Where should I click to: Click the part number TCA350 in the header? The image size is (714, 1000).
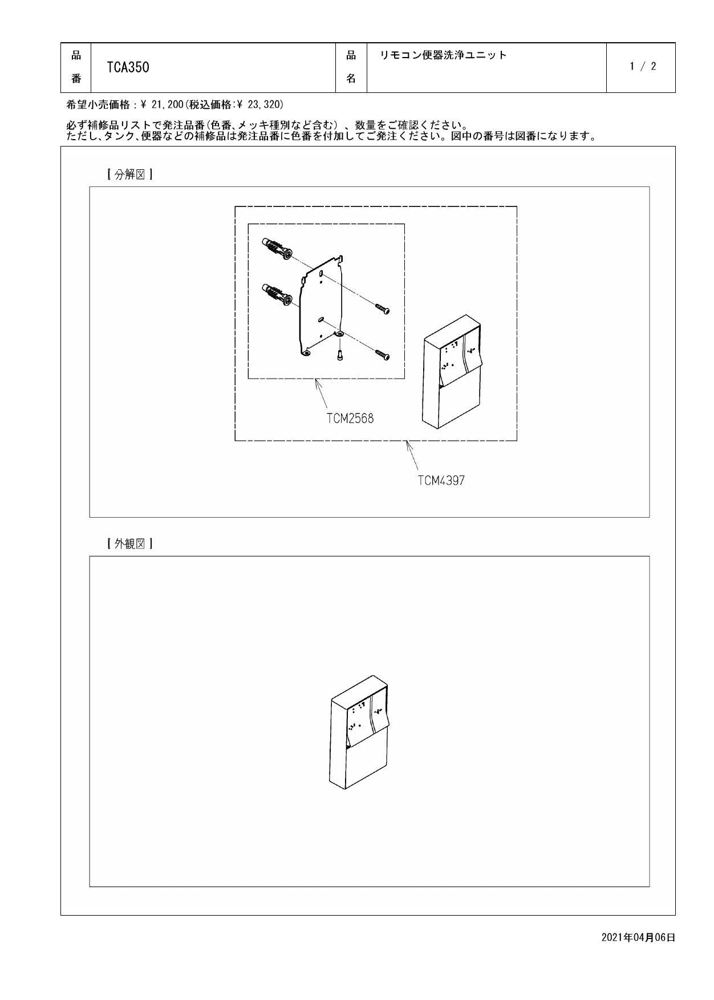(x=128, y=67)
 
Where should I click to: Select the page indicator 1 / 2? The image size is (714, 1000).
(x=643, y=67)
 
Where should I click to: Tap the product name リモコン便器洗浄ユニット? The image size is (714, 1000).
(x=443, y=55)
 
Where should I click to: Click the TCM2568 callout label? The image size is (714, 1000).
(x=350, y=418)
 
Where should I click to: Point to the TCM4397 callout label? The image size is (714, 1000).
(x=441, y=481)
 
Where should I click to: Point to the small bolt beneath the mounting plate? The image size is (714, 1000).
(x=339, y=355)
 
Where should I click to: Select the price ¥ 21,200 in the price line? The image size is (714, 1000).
(x=160, y=105)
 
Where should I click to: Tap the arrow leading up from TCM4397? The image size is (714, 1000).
(x=413, y=456)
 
